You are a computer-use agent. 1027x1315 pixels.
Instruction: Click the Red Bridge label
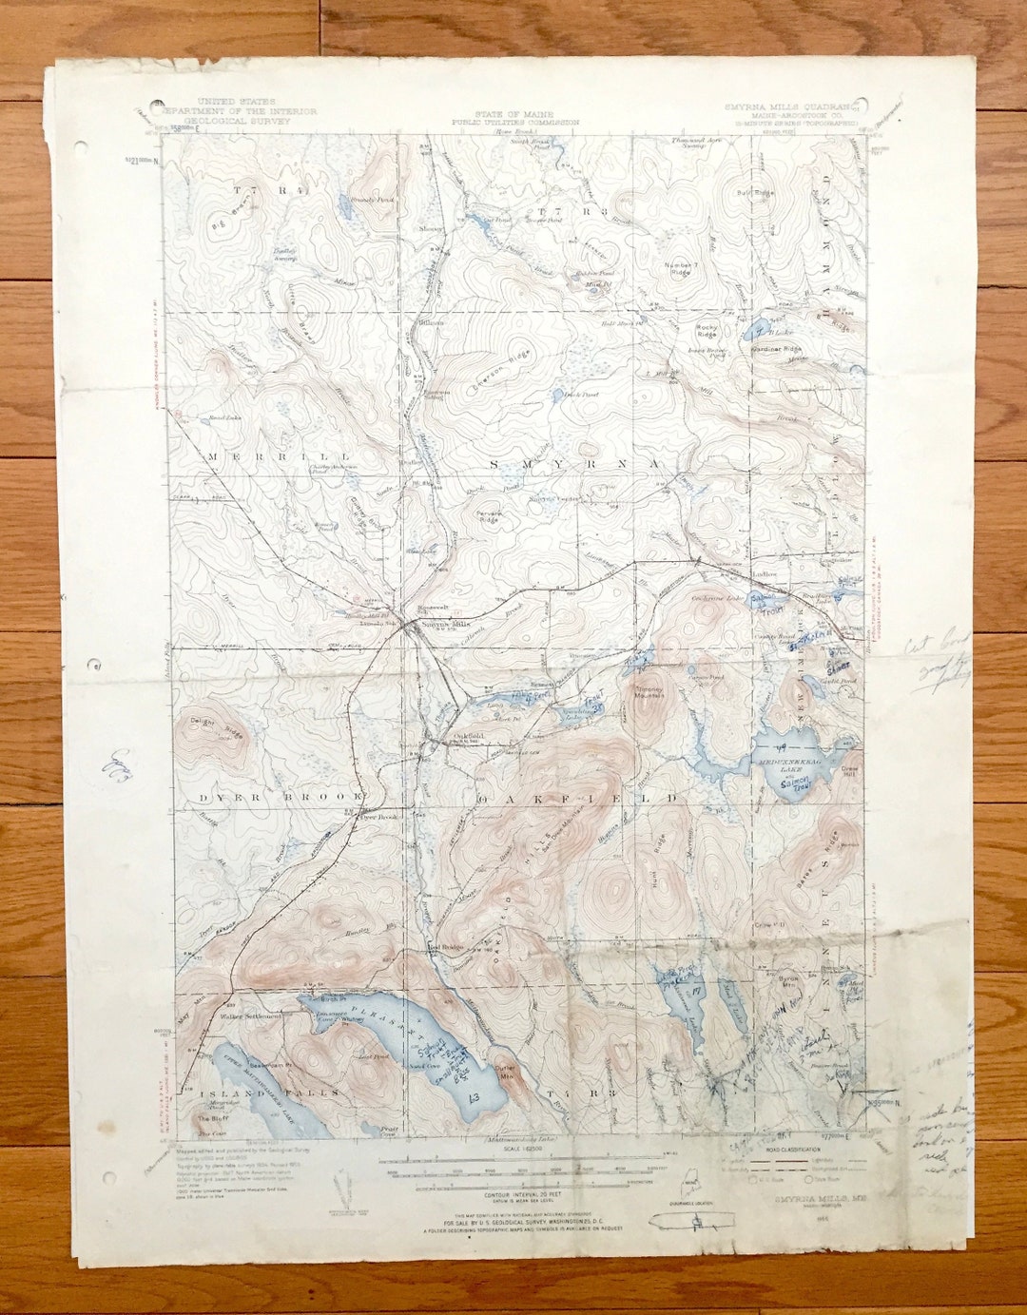pyautogui.click(x=444, y=947)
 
